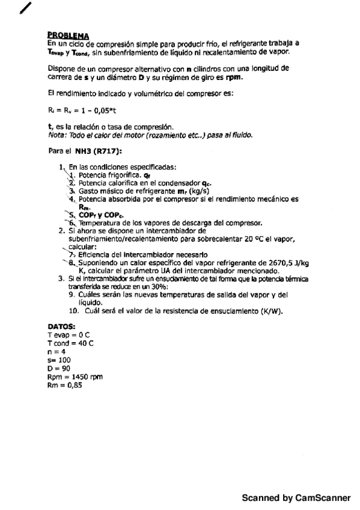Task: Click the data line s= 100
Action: (x=59, y=359)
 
